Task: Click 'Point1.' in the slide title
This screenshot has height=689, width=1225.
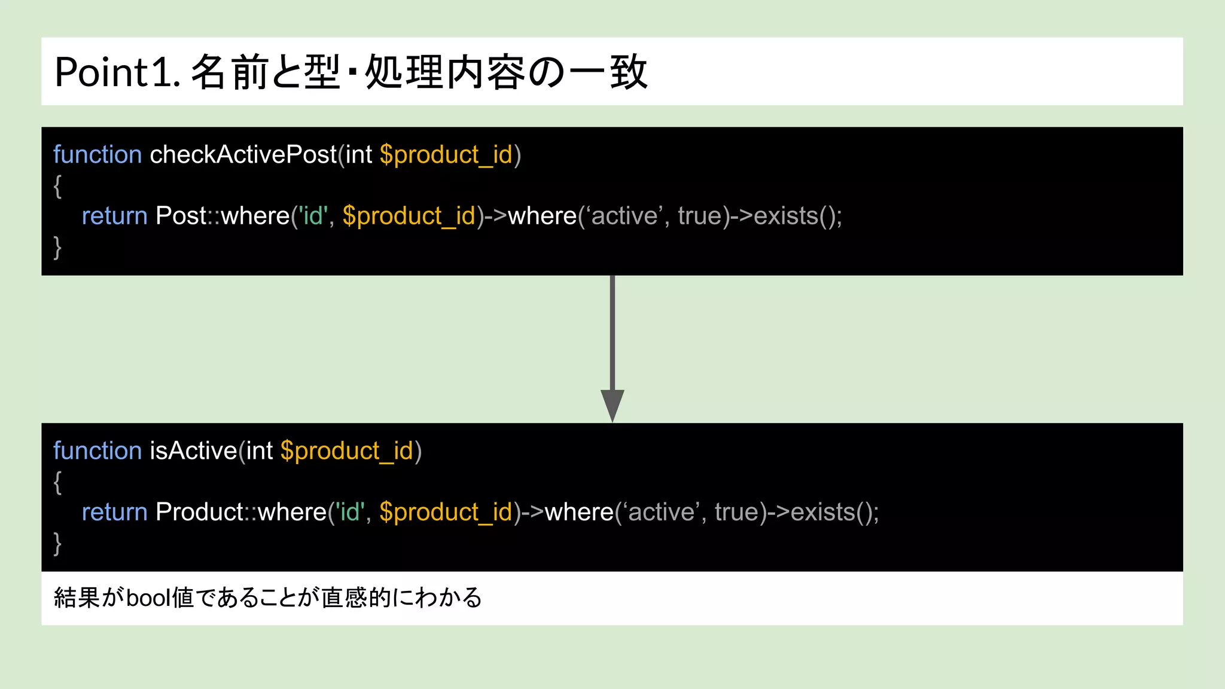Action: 117,72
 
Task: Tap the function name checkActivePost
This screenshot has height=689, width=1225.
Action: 243,155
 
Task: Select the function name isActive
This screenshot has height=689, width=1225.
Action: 193,451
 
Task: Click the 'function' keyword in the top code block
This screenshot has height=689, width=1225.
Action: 97,155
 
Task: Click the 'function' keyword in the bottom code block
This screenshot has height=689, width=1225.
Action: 97,451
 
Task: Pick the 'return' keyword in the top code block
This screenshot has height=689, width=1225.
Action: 114,216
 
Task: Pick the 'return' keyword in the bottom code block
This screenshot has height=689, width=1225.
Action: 114,512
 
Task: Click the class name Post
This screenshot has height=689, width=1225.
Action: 181,216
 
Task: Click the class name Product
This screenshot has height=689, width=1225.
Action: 199,512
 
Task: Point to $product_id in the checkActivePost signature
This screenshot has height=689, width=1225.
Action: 446,155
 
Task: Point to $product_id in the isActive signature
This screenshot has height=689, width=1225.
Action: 347,451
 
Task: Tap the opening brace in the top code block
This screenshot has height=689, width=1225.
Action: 57,186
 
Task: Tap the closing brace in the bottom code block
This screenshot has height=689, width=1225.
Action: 57,543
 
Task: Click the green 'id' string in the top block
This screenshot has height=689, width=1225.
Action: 313,216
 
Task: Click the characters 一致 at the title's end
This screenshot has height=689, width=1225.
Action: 608,72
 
